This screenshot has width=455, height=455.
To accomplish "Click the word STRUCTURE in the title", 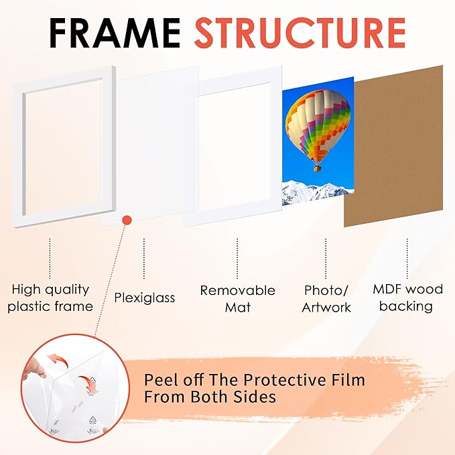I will [x=300, y=33].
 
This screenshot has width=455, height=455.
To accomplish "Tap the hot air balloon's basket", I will [x=317, y=167].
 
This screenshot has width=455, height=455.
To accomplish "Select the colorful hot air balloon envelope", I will [x=318, y=123].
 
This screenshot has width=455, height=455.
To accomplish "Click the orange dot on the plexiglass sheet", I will [x=127, y=219].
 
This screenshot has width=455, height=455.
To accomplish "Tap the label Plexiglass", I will [x=144, y=297].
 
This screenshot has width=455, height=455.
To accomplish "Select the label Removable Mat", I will [x=237, y=298].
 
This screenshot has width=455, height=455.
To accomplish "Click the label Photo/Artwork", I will [x=326, y=299].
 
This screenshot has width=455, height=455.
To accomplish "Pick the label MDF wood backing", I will [x=407, y=298].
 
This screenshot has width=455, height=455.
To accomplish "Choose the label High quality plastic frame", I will [x=50, y=298].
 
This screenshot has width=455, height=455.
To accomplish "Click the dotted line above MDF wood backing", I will [x=407, y=258].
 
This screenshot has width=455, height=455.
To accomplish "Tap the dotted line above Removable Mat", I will [x=237, y=258].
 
